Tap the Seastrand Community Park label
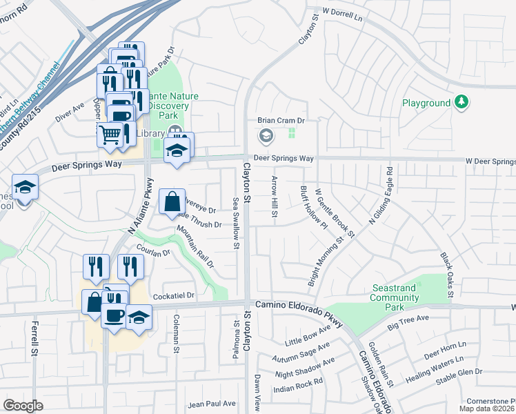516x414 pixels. point(395,293)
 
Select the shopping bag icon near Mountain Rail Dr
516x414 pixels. point(172,202)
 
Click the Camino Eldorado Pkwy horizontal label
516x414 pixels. point(299,304)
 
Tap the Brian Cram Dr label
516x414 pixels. point(281,120)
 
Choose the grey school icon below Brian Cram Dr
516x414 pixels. point(266,136)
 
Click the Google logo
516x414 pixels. point(23,406)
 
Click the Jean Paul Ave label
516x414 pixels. point(212,404)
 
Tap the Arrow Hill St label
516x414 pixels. point(274,199)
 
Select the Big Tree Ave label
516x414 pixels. point(408,322)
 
